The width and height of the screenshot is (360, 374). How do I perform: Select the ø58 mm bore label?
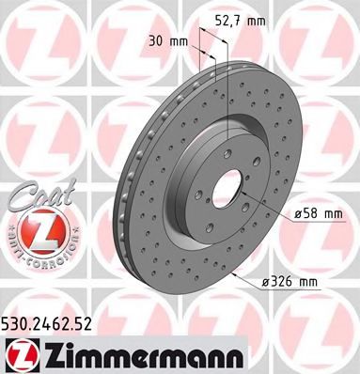click(317, 214)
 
